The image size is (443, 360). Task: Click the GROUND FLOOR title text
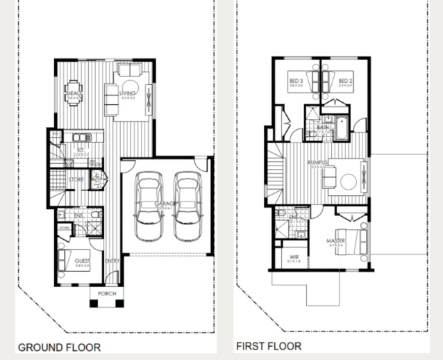tap(59, 347)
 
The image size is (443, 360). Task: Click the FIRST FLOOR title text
tap(269, 345)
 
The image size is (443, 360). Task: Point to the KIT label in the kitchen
tap(81, 149)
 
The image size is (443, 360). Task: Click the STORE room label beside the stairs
tap(76, 179)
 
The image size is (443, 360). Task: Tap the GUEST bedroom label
tap(83, 261)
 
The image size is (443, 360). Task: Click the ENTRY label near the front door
tap(111, 261)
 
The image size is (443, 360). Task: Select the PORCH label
tap(107, 293)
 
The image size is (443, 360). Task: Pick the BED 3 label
tap(296, 81)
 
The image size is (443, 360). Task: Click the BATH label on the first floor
tap(323, 128)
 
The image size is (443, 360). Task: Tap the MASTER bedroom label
tap(335, 241)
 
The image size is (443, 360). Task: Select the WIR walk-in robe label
tap(294, 258)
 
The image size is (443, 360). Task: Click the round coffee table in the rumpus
tap(348, 179)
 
